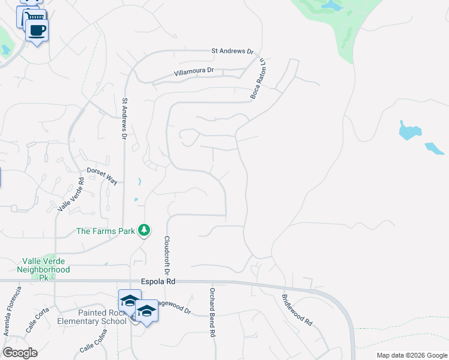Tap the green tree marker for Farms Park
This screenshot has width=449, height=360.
[x=143, y=230]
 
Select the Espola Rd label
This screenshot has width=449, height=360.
[x=158, y=281]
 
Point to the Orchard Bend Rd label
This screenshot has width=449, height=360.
[x=212, y=313]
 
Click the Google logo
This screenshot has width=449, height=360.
[x=20, y=353]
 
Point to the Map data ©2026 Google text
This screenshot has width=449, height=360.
[x=412, y=355]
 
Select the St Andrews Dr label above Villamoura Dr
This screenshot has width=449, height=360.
[x=233, y=52]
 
